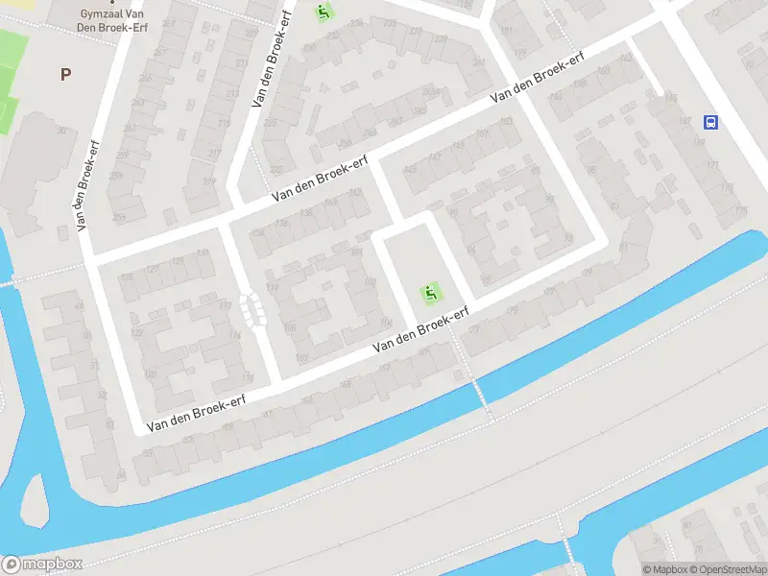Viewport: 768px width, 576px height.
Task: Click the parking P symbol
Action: pyautogui.click(x=65, y=74)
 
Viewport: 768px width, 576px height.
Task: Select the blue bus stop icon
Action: pyautogui.click(x=711, y=122)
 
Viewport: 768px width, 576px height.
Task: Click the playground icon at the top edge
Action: pyautogui.click(x=324, y=12)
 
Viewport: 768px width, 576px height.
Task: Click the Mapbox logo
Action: pyautogui.click(x=42, y=564)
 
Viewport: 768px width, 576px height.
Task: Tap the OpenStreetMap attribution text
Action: pyautogui.click(x=726, y=569)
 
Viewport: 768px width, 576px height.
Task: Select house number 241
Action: pyautogui.click(x=478, y=63)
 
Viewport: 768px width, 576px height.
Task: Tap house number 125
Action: pyautogui.click(x=127, y=277)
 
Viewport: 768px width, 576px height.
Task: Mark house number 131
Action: pyautogui.click(x=202, y=253)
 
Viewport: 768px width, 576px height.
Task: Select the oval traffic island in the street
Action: pyautogui.click(x=253, y=309)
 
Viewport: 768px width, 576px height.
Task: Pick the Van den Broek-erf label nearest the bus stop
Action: pyautogui.click(x=537, y=79)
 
